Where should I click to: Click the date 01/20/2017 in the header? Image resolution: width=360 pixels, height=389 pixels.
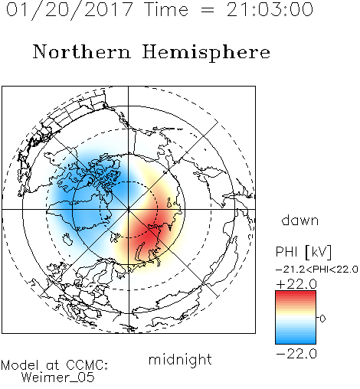tap(70, 10)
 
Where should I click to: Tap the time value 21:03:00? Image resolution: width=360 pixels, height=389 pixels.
tap(270, 9)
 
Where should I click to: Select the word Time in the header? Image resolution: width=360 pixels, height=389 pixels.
tap(166, 9)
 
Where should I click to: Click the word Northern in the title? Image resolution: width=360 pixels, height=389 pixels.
tap(82, 51)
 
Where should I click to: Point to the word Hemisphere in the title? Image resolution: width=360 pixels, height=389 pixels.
tap(206, 53)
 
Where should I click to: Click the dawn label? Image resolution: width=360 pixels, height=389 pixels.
tap(300, 220)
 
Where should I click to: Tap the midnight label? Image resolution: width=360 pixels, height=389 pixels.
tap(180, 359)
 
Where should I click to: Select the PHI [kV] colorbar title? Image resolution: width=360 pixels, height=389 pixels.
tap(303, 252)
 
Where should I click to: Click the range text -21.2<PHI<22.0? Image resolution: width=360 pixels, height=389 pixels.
tap(317, 270)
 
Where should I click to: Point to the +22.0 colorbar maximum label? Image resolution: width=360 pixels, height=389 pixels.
tap(296, 284)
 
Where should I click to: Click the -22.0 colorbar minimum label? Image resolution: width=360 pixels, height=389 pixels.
tap(296, 354)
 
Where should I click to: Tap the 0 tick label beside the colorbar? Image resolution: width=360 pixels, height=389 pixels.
tap(322, 319)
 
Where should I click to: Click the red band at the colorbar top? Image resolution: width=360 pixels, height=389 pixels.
tap(296, 294)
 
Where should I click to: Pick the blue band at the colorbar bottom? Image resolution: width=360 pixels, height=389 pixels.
tap(296, 340)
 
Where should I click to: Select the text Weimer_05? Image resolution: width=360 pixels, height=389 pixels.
tap(58, 377)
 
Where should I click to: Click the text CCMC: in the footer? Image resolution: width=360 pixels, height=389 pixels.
tap(87, 365)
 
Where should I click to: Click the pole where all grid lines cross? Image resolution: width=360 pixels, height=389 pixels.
tap(129, 210)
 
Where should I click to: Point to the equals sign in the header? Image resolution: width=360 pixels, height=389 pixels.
tap(208, 10)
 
